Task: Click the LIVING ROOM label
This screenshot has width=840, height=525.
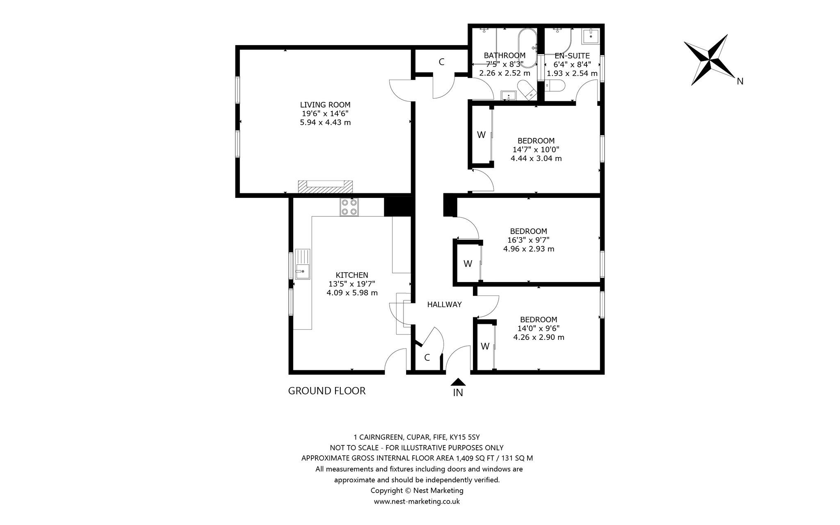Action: (325, 105)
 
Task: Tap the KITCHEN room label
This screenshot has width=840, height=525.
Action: (352, 275)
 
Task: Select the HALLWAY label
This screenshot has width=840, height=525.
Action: (444, 305)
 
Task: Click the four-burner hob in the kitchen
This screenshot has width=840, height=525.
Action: (349, 207)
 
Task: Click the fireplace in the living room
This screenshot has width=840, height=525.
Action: (325, 187)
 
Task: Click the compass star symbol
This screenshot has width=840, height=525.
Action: (709, 60)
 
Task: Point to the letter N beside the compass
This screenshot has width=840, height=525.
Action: (740, 81)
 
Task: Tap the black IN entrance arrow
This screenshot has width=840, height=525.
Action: (458, 382)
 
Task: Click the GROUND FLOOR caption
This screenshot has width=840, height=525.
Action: (326, 391)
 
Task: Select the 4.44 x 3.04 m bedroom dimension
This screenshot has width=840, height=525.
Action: (536, 158)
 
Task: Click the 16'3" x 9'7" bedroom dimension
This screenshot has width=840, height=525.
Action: (528, 240)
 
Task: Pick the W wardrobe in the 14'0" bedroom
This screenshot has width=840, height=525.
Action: (485, 346)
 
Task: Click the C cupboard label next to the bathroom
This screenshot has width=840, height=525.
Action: (441, 62)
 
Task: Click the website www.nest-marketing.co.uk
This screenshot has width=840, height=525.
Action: (417, 501)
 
